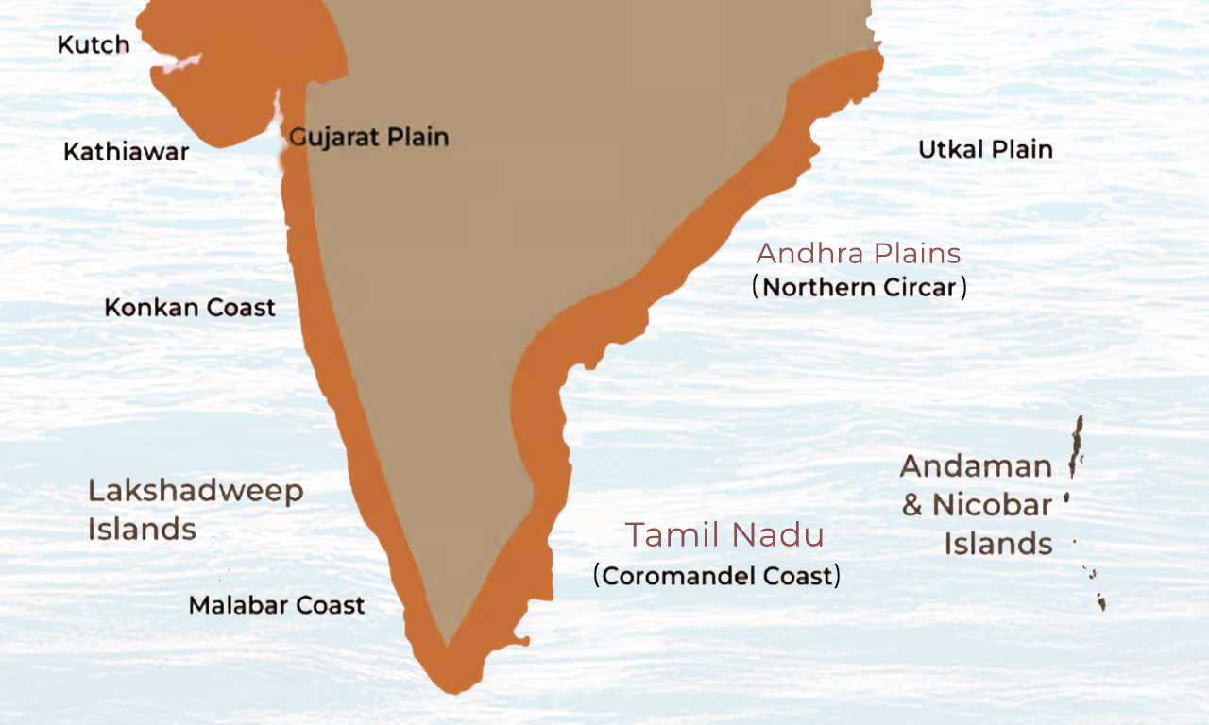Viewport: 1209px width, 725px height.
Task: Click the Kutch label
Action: pos(93,45)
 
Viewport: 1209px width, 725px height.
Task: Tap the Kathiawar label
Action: pos(126,151)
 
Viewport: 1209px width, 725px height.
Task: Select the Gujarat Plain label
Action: pos(368,138)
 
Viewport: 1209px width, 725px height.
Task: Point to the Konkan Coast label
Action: pos(190,307)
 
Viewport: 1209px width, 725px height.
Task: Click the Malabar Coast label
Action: pos(277,605)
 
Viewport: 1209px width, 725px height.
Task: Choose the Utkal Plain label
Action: pos(985,149)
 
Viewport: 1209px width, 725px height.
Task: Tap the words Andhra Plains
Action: pos(859,253)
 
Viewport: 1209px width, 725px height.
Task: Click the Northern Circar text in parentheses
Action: pos(860,287)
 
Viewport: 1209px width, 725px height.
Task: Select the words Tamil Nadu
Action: pos(724,535)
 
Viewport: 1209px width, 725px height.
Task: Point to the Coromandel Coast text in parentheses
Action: pos(717,575)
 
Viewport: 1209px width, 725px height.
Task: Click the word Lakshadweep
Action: pos(196,491)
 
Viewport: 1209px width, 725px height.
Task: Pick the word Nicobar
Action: pos(992,505)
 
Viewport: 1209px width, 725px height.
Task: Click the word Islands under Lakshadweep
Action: pos(142,530)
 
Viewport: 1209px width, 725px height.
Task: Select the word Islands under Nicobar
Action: pos(998,544)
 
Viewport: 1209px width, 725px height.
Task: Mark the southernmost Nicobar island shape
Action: pos(1101,601)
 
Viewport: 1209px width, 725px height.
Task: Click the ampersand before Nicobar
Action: pos(911,506)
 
